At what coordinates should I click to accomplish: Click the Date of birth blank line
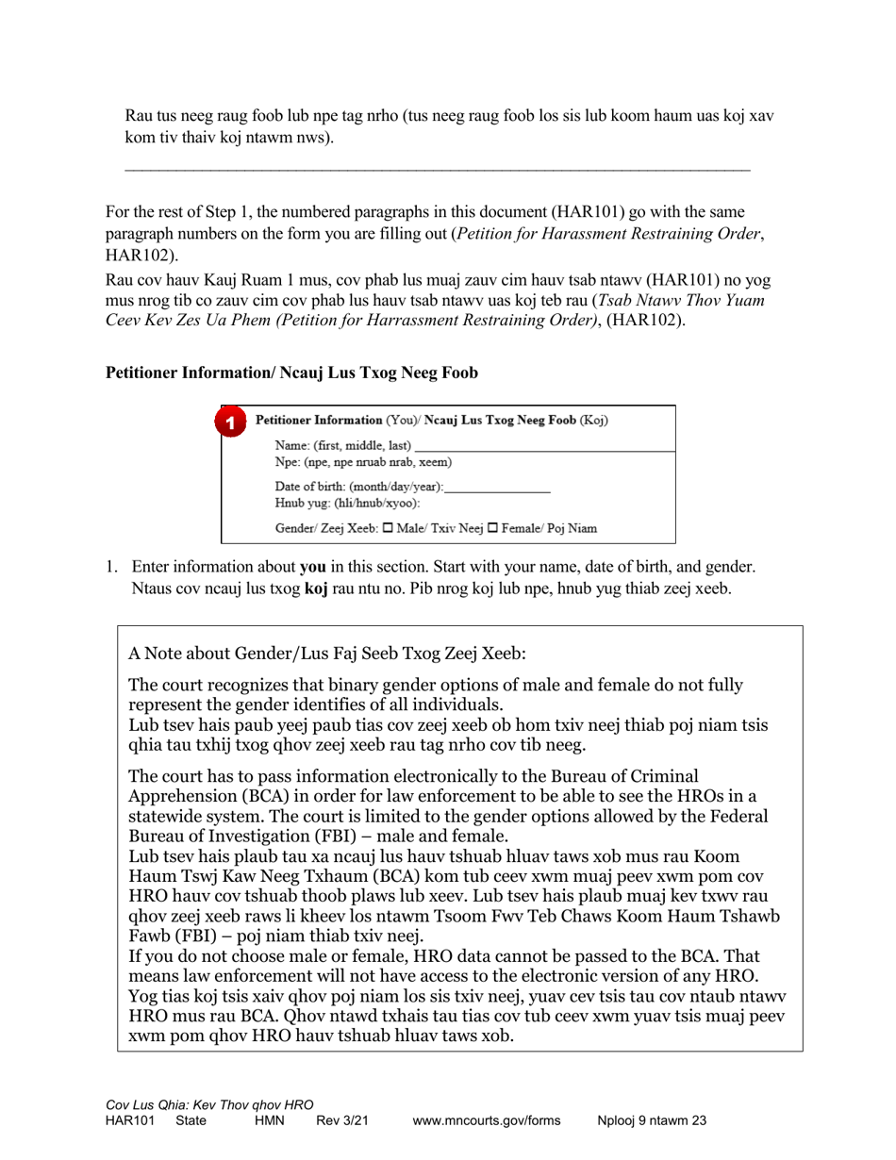coord(496,489)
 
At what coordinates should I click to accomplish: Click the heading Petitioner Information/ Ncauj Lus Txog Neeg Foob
coord(291,373)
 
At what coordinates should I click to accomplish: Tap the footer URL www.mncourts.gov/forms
coord(487,1121)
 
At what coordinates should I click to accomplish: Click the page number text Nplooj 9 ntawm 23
coord(652,1121)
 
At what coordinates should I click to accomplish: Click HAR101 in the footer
coord(129,1121)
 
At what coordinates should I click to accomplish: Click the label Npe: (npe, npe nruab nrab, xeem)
coord(363,462)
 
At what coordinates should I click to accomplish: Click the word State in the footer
coord(191,1121)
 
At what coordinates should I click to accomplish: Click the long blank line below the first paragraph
coord(438,170)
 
